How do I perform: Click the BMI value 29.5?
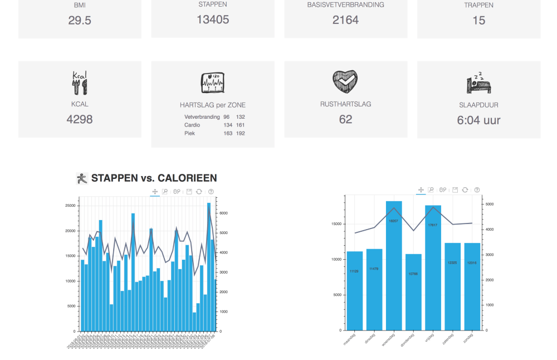point(80,21)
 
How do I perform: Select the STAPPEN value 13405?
point(213,20)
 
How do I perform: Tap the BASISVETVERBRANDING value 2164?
point(345,20)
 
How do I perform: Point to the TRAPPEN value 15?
point(478,21)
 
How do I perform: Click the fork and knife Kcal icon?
point(80,82)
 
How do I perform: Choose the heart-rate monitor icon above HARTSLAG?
point(212,83)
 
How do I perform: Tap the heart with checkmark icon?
point(345,82)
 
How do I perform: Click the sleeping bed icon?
point(478,84)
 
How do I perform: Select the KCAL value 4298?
point(80,119)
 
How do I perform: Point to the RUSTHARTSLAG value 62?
point(345,119)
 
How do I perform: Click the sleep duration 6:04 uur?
point(478,120)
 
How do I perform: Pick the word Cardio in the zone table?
point(192,125)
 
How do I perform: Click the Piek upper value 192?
point(240,133)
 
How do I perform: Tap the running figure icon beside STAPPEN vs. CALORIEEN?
point(82,178)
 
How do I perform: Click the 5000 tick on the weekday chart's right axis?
point(488,205)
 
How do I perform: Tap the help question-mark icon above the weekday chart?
point(477,190)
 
